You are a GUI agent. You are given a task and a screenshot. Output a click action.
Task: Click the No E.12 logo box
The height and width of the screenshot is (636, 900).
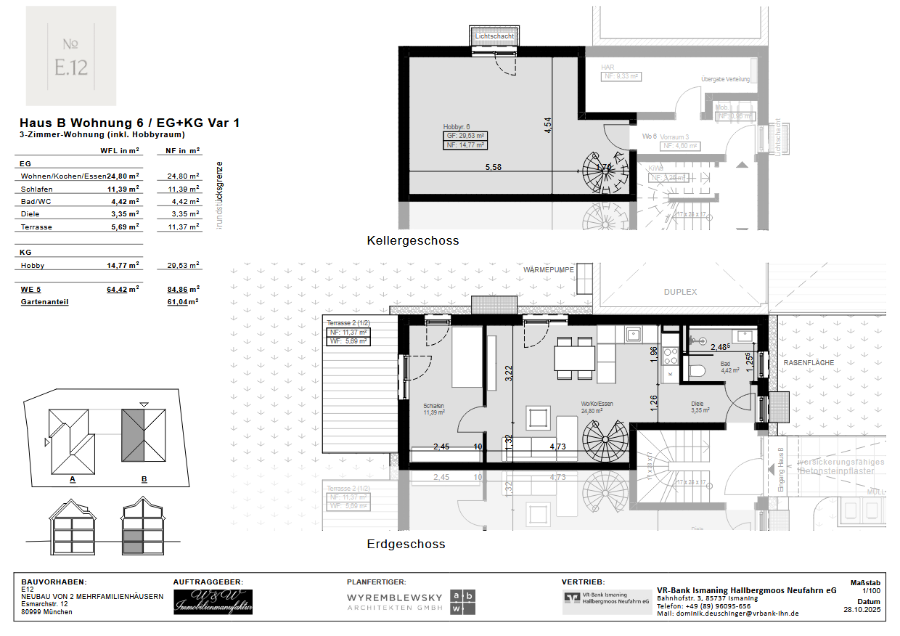click(70, 56)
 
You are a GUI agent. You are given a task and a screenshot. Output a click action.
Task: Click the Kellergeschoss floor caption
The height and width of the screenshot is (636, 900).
click(412, 240)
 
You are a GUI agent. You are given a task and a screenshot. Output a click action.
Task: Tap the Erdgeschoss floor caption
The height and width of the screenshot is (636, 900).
click(406, 544)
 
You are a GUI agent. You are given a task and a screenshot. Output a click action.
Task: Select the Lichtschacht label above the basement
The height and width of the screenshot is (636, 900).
click(494, 36)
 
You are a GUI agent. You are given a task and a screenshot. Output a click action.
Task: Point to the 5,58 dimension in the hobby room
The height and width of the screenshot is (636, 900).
click(493, 167)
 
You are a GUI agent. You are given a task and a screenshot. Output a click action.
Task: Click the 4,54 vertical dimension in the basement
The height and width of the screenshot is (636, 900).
click(549, 124)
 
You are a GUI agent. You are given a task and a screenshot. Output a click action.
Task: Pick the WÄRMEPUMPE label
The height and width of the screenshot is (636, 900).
click(549, 269)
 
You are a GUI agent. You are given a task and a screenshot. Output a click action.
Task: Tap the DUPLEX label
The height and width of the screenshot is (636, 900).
click(679, 292)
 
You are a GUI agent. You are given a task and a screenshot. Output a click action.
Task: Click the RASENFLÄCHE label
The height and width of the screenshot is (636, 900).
click(808, 362)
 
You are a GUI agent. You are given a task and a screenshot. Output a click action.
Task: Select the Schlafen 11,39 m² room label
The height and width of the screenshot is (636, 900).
click(433, 409)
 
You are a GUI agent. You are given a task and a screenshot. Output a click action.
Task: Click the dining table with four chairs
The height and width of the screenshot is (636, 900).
click(574, 358)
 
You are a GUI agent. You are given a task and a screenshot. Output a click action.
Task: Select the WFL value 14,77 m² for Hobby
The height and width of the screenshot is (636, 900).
click(123, 266)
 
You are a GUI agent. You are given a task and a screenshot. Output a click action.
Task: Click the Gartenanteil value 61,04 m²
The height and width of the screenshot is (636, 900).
click(183, 301)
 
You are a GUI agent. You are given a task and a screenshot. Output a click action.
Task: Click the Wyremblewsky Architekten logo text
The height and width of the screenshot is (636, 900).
click(394, 600)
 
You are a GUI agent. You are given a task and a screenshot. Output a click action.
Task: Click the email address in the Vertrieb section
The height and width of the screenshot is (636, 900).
click(727, 613)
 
